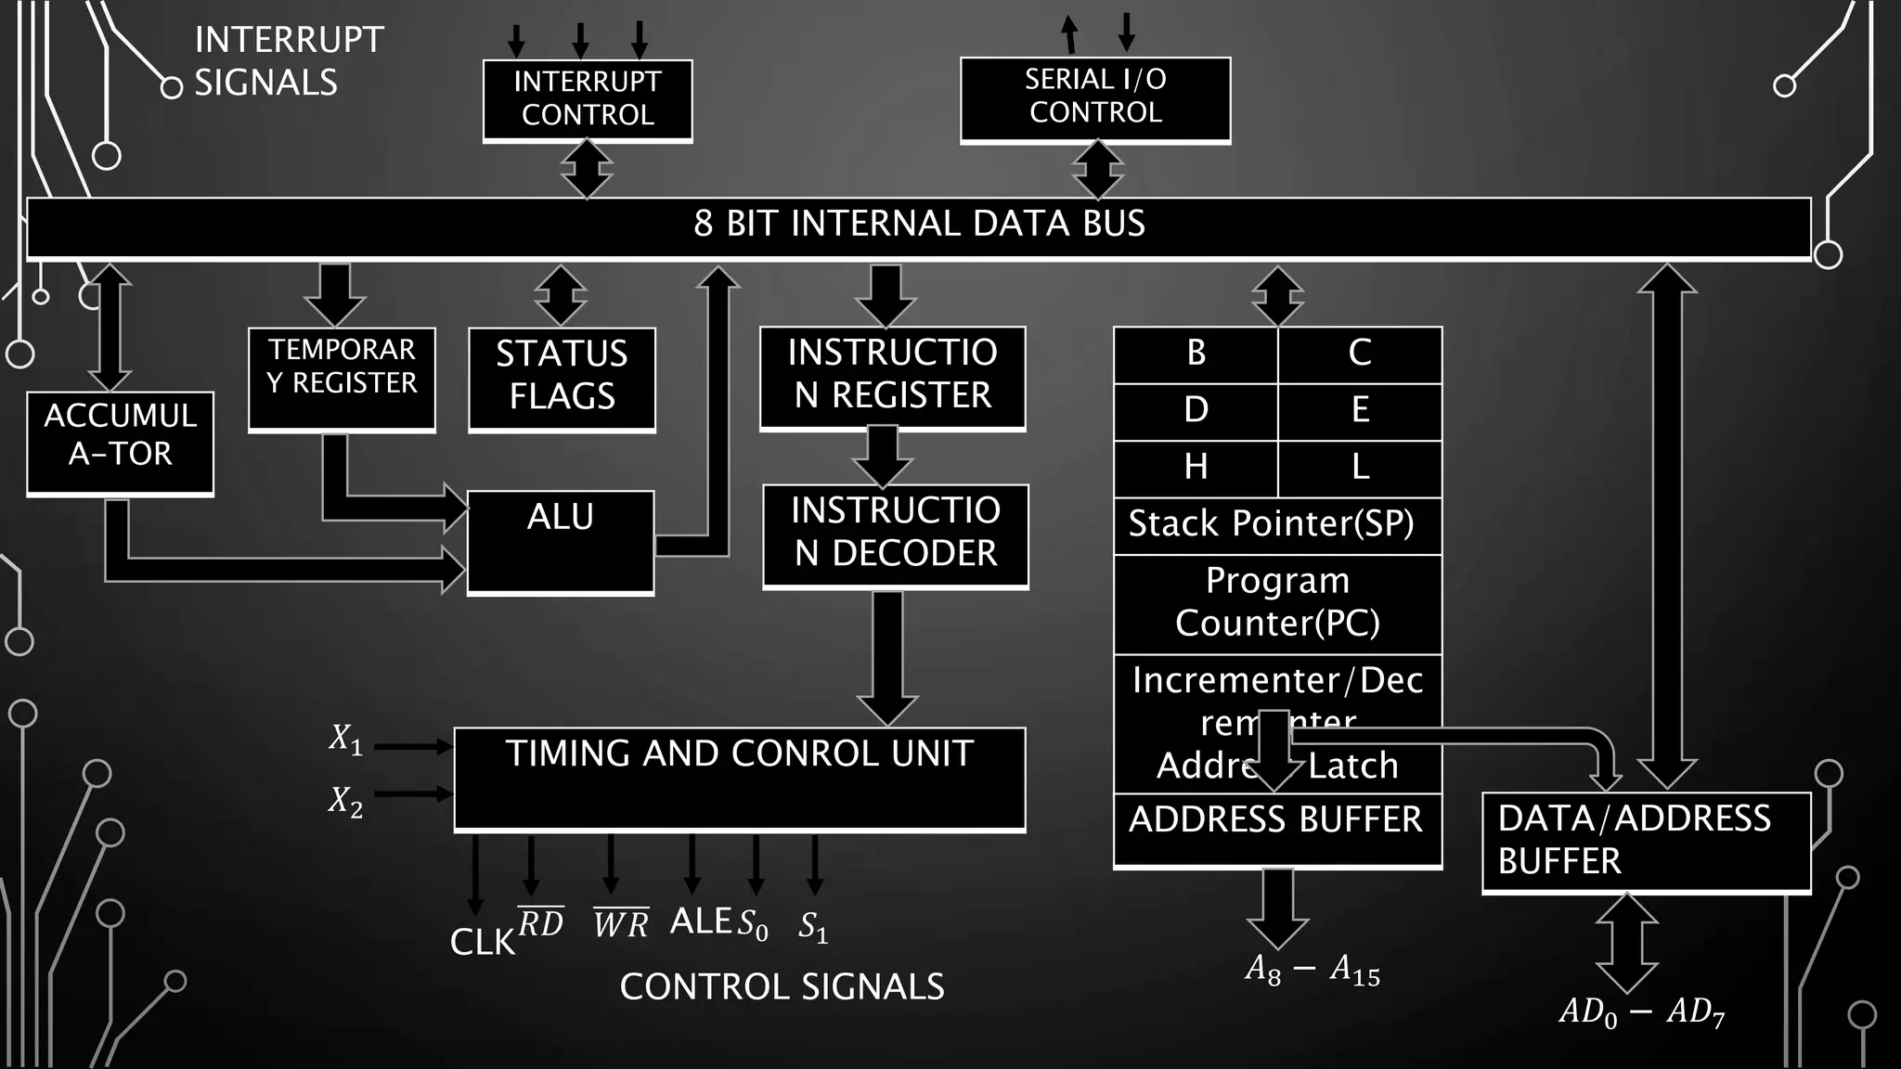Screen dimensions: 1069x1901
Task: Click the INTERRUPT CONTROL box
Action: click(x=588, y=99)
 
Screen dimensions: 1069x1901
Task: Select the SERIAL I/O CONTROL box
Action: click(x=1095, y=97)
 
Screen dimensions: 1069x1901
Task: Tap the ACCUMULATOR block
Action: click(x=120, y=442)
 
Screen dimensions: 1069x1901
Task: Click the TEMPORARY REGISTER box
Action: click(x=342, y=377)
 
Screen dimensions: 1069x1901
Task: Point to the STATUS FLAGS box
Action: click(x=562, y=377)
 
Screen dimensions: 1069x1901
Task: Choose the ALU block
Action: click(x=561, y=541)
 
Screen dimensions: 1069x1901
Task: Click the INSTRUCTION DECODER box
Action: click(x=895, y=534)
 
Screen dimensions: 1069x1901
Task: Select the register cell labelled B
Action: click(x=1196, y=354)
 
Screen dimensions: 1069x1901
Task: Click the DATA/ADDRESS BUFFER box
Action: click(x=1646, y=841)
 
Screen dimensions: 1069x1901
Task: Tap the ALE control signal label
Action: click(x=701, y=921)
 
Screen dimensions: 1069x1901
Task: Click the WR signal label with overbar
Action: click(x=621, y=923)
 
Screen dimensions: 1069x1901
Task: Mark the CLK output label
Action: click(x=482, y=943)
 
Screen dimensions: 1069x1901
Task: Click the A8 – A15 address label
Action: click(x=1313, y=971)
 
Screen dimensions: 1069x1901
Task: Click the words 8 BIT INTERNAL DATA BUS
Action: click(x=919, y=225)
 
